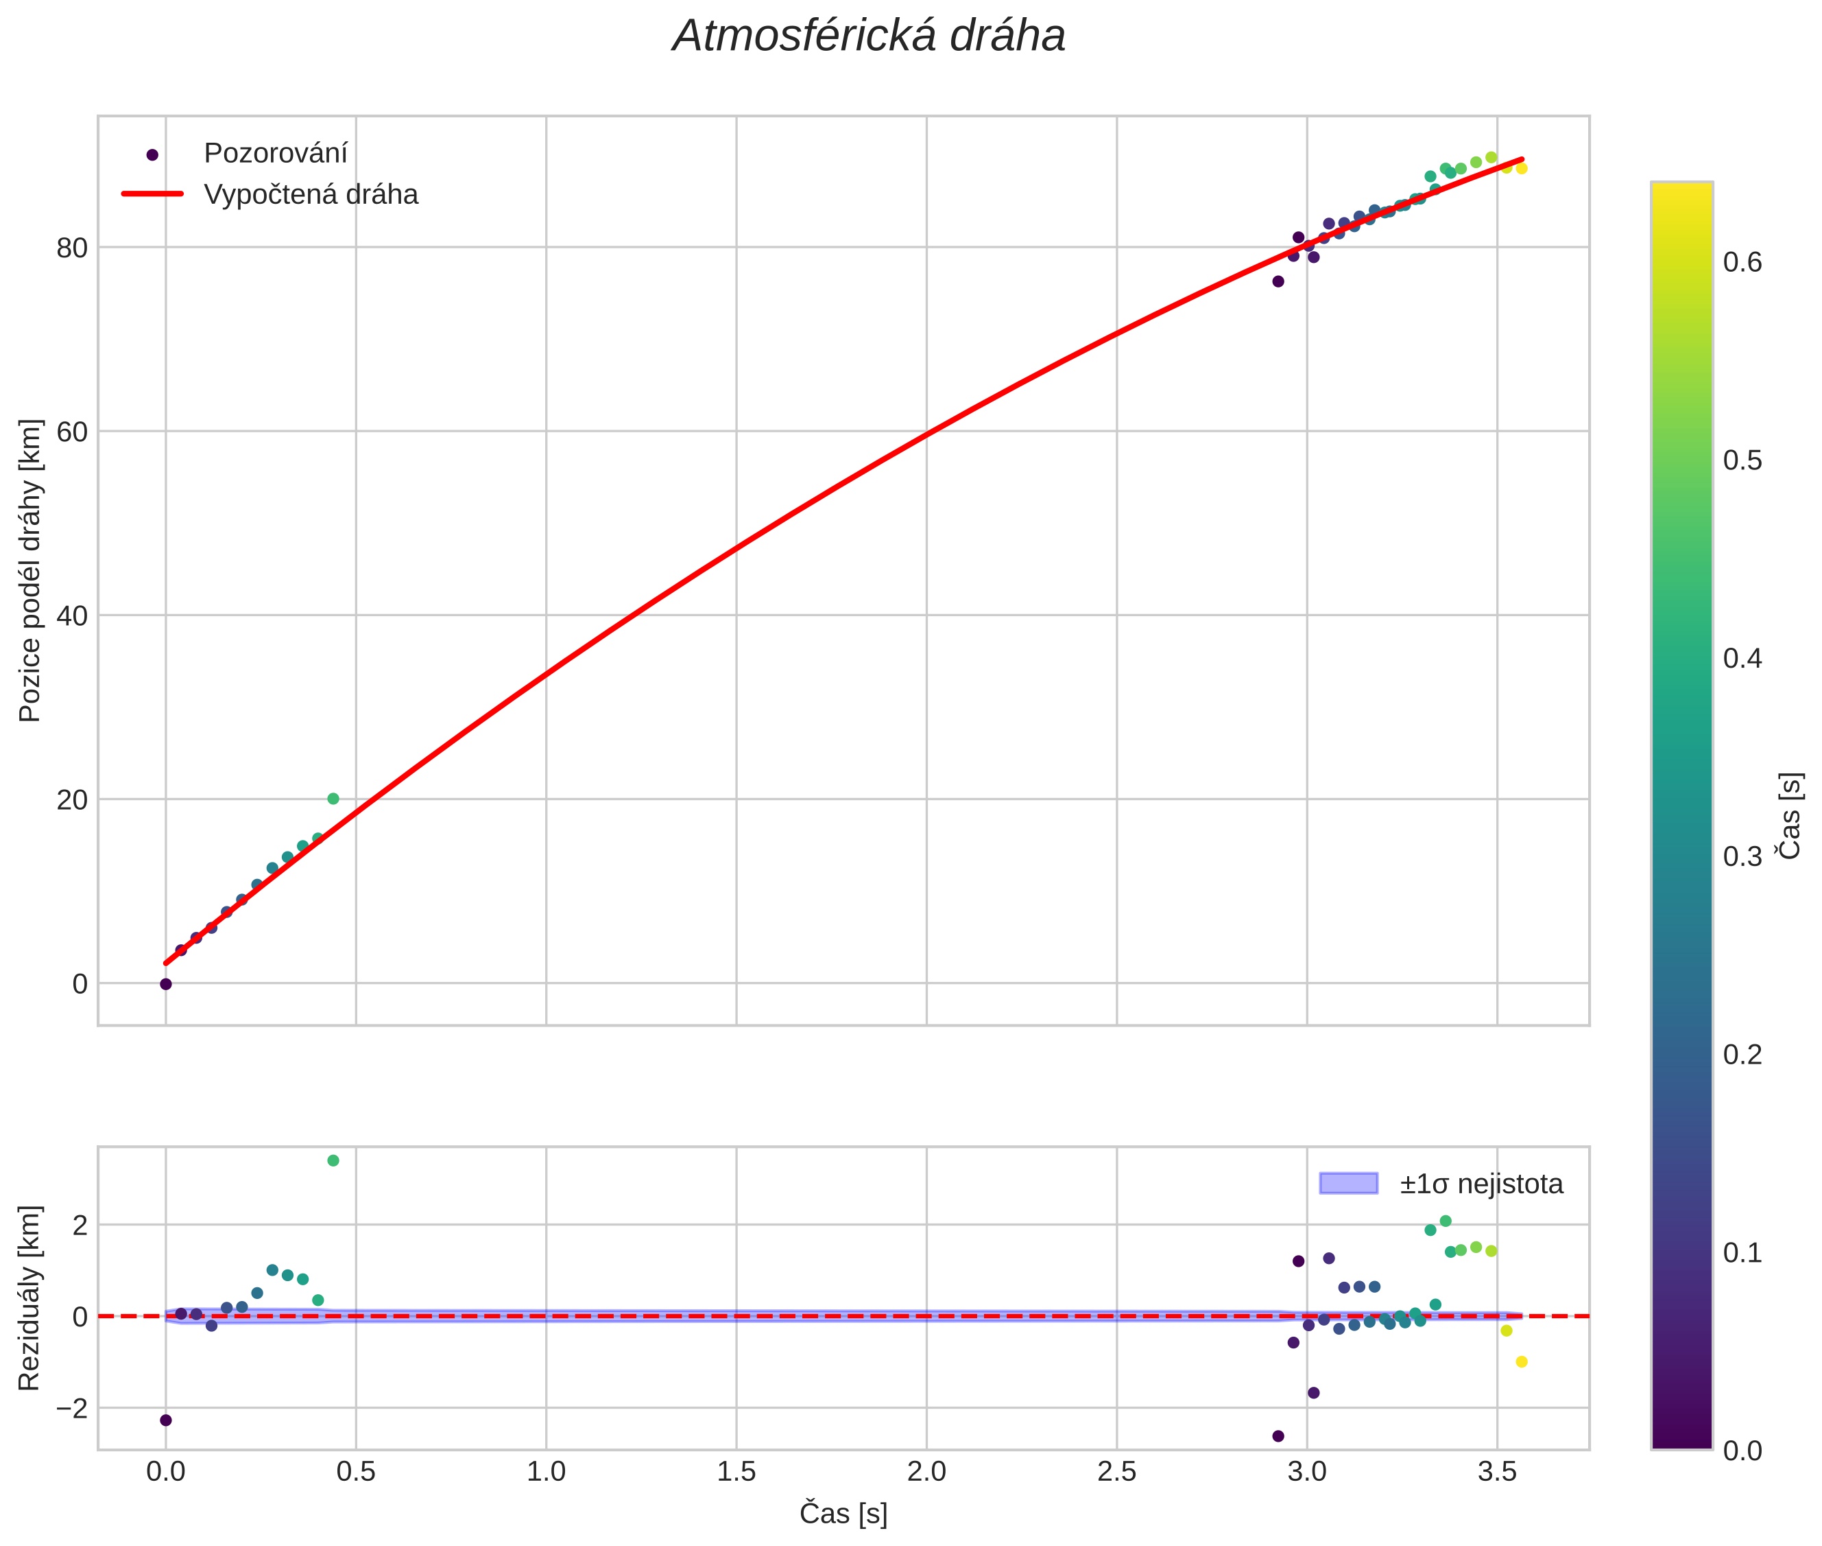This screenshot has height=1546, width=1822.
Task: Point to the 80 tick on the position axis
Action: pos(72,248)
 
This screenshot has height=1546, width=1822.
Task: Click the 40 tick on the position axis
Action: pos(72,616)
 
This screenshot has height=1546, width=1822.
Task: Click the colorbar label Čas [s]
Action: pos(1791,816)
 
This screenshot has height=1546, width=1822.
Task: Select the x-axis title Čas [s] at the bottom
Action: pos(843,1514)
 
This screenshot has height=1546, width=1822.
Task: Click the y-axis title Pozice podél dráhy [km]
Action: pos(31,570)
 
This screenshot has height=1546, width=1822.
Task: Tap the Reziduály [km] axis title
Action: pos(31,1298)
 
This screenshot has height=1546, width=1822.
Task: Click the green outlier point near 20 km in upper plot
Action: pos(333,799)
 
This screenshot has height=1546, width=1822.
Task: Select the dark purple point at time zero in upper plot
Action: pos(165,984)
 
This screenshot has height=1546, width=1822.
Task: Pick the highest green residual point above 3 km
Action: pos(333,1160)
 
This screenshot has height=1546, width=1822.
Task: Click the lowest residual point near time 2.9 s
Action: pos(1278,1436)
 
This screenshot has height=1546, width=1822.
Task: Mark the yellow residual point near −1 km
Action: pos(1522,1362)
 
